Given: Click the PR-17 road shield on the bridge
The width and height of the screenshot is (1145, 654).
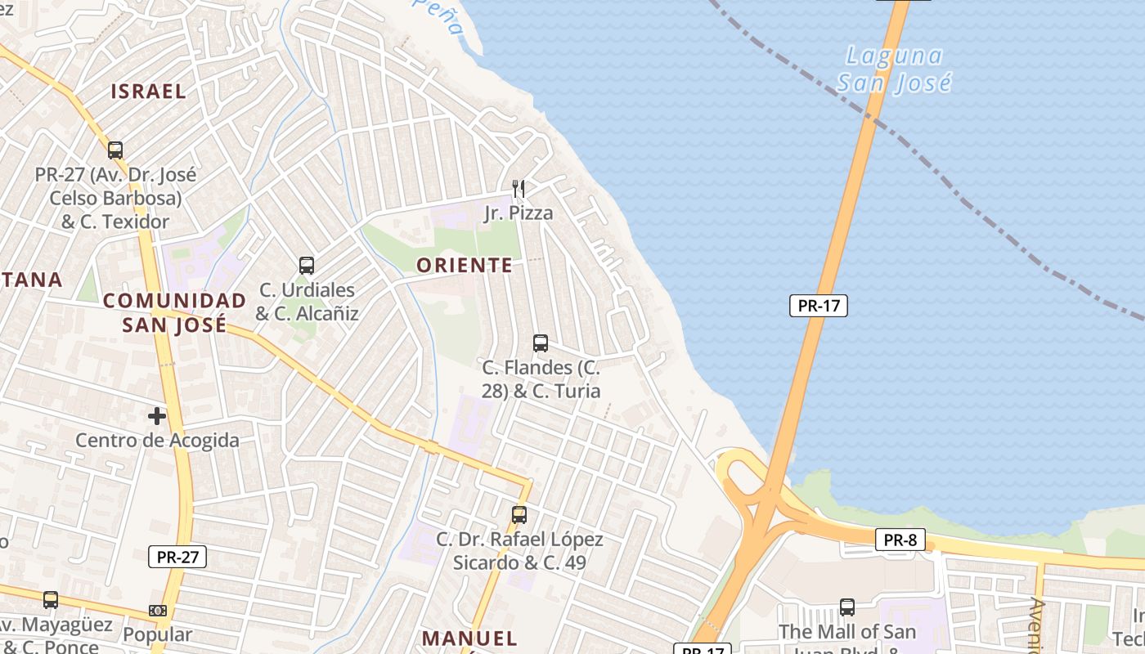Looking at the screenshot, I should click(x=818, y=306).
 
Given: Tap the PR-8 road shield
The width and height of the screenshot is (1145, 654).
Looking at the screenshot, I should click(x=900, y=540).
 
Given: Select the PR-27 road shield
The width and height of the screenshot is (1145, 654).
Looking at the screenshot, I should click(x=177, y=558).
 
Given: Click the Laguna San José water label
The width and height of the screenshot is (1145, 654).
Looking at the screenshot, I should click(x=894, y=69).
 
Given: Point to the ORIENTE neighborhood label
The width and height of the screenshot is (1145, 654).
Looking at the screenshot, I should click(x=465, y=265).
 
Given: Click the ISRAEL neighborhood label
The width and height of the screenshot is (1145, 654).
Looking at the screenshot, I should click(x=149, y=91).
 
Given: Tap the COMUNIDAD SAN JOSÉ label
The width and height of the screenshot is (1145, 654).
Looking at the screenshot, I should click(x=174, y=312).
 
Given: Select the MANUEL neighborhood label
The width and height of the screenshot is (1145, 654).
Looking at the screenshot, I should click(x=469, y=638).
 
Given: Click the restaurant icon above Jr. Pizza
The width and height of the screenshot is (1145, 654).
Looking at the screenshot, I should click(x=518, y=189).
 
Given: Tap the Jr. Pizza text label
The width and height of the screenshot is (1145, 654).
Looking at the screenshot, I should click(x=519, y=213).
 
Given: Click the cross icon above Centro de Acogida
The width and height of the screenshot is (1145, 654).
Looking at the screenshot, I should click(x=157, y=416).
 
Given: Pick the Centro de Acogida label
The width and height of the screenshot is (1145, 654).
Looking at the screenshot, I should click(x=158, y=441).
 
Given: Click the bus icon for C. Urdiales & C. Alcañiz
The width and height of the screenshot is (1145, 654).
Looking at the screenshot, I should click(x=307, y=266).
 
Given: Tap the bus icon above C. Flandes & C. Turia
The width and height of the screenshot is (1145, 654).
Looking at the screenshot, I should click(x=541, y=343).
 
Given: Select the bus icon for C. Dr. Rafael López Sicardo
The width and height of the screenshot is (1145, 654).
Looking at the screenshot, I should click(x=519, y=515).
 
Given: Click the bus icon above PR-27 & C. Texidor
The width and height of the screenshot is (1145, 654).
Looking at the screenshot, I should click(x=115, y=150).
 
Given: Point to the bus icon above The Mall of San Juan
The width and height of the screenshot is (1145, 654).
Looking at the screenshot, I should click(x=847, y=607).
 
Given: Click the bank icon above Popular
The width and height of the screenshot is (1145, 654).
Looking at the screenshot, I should click(x=158, y=611).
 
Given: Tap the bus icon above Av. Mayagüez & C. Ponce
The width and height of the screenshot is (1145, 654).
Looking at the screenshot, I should click(x=51, y=600).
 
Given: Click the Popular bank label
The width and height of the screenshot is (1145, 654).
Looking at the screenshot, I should click(x=158, y=634).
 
